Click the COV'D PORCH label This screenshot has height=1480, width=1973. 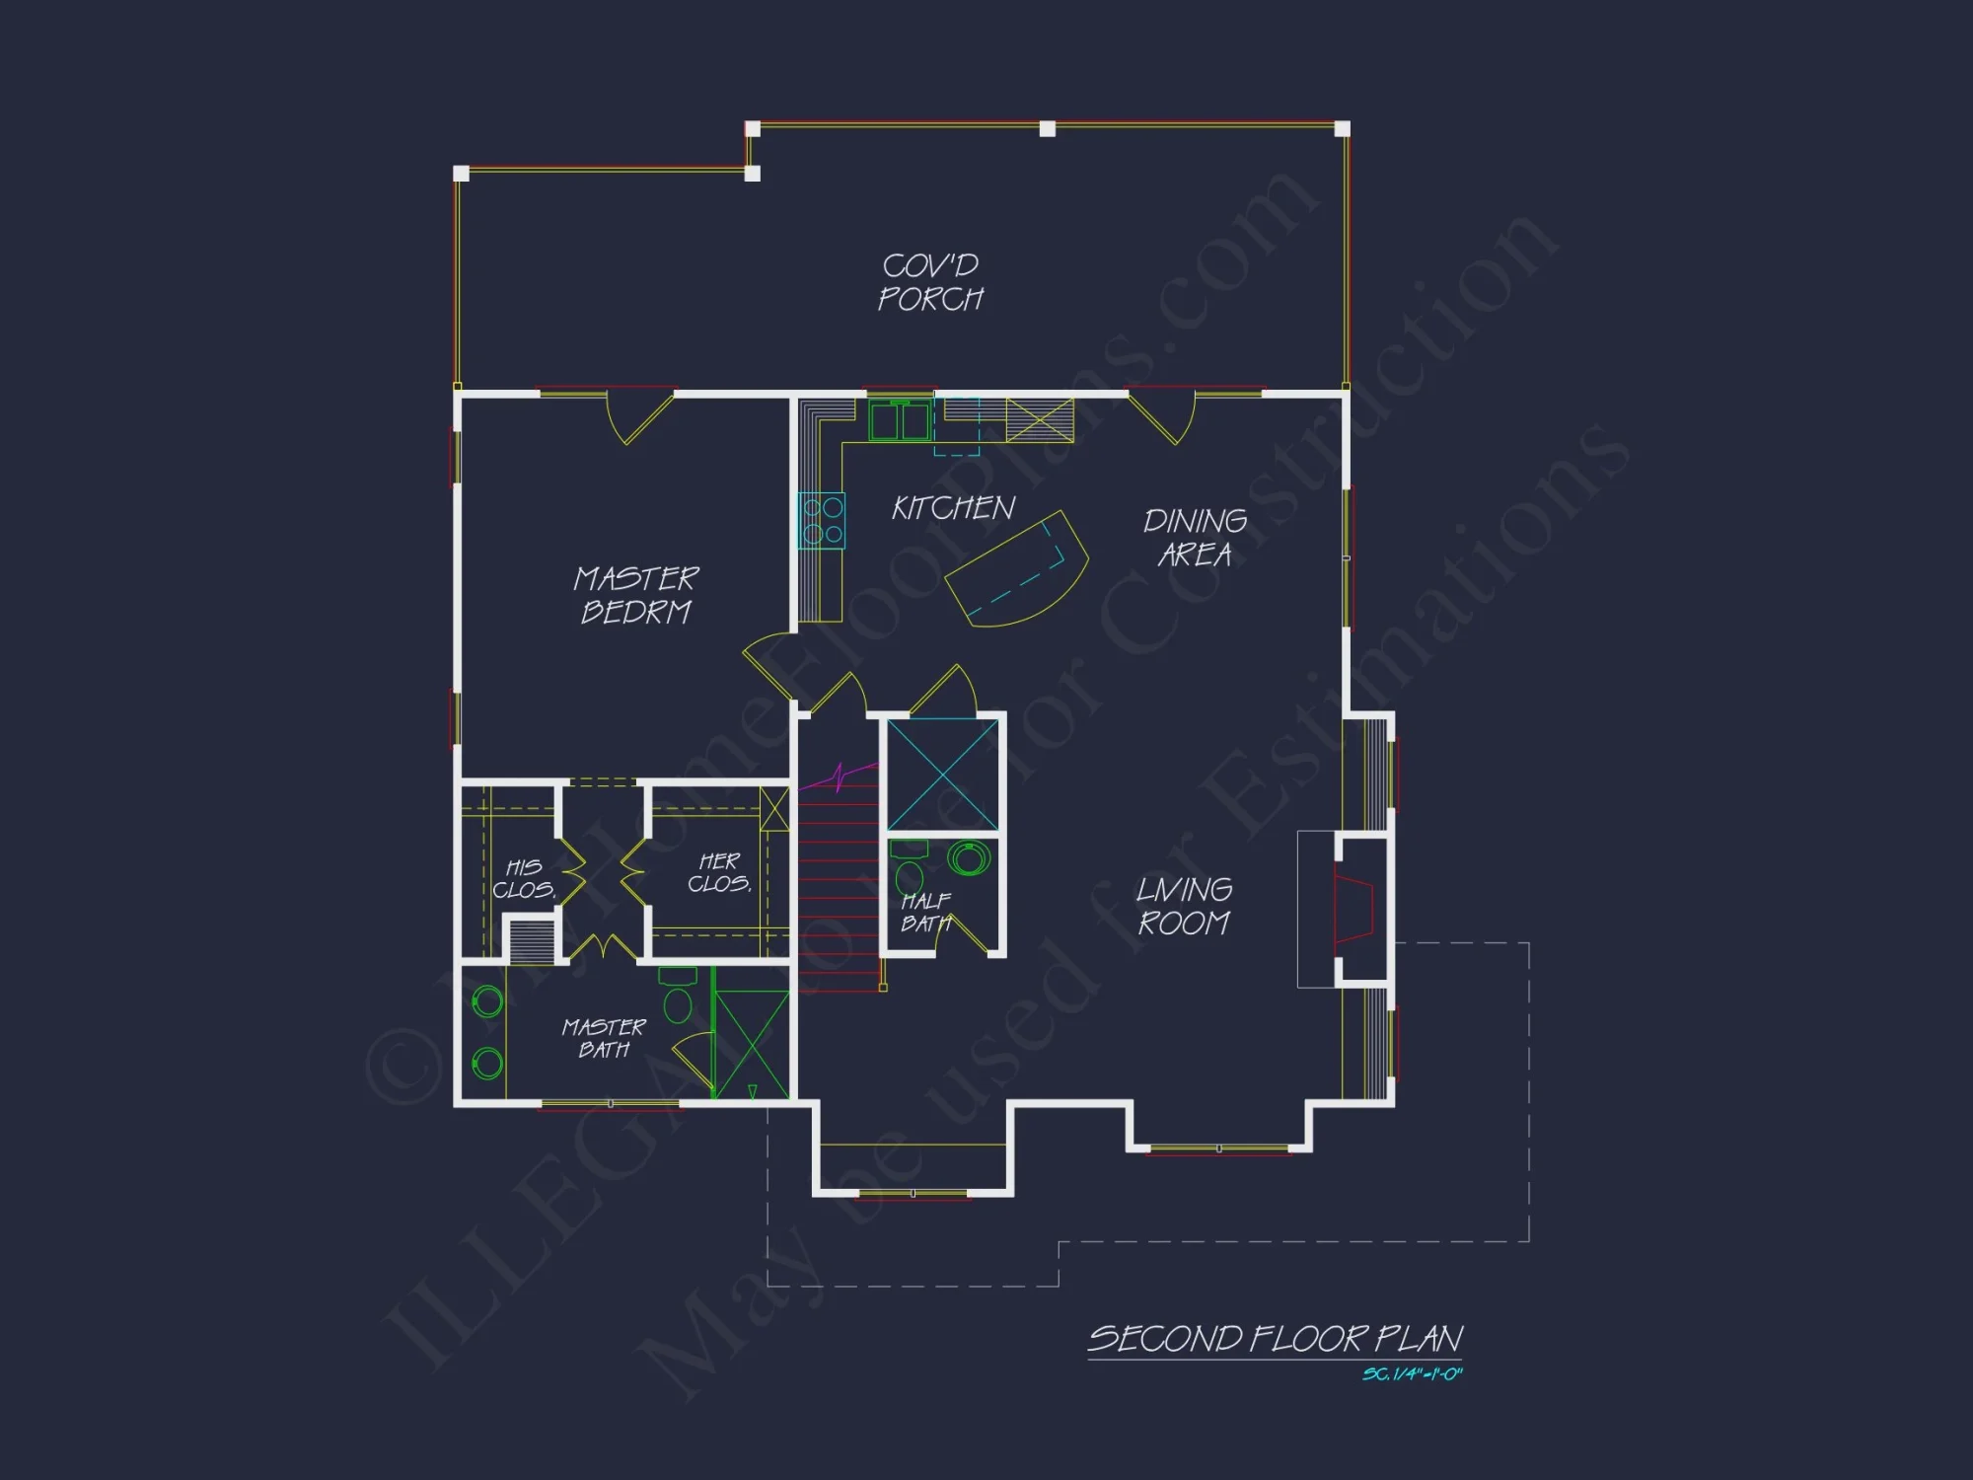[930, 282]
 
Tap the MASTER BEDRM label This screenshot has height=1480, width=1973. [636, 595]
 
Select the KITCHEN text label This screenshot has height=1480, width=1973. [953, 508]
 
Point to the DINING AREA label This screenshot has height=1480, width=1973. [1195, 538]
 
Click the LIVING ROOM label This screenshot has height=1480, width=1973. [1184, 906]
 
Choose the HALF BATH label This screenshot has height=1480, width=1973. [925, 912]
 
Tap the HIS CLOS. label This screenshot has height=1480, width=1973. [524, 878]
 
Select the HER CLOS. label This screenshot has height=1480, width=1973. [719, 873]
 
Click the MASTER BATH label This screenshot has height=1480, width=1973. [604, 1038]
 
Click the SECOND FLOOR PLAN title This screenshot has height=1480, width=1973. [1275, 1339]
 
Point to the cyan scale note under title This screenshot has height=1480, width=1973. [1412, 1374]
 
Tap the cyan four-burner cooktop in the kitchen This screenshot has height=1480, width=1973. [822, 520]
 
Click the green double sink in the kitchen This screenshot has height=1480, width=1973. [900, 422]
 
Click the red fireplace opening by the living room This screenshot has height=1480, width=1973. [1353, 908]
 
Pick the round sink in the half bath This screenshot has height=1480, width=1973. [969, 858]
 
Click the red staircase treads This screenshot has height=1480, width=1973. [839, 888]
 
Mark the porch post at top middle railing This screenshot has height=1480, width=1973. [1048, 128]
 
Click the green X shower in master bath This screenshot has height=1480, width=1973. [752, 1044]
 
